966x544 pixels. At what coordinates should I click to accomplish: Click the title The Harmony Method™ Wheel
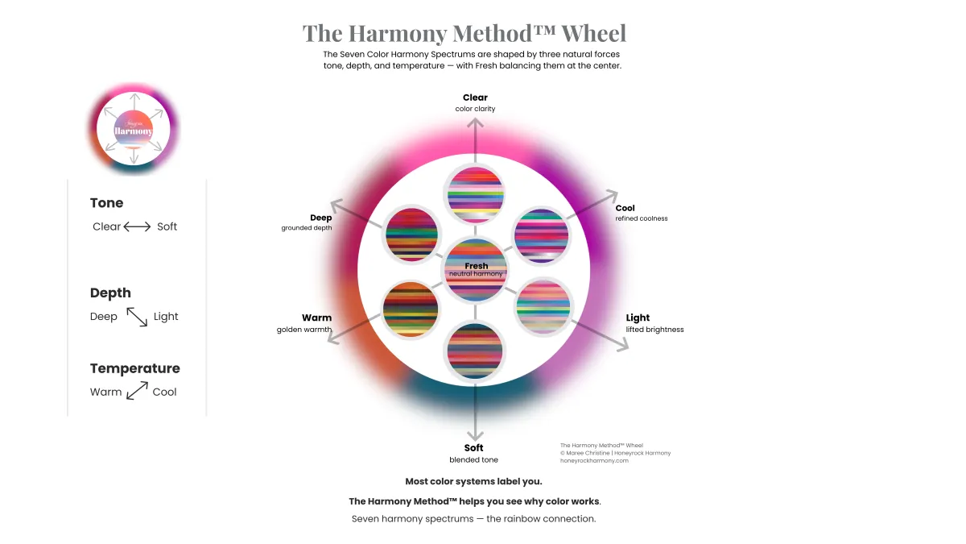coord(464,34)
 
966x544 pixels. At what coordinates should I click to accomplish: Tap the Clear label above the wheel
coord(475,98)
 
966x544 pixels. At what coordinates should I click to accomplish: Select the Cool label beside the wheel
coord(625,208)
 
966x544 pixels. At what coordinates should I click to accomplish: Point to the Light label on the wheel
coord(638,318)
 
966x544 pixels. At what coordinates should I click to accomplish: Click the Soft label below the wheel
coord(473,448)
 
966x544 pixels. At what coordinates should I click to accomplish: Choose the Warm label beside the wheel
coord(316,318)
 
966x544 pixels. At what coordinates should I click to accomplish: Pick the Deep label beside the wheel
coord(320,218)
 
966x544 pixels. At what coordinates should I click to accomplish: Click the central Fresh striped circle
coord(476,268)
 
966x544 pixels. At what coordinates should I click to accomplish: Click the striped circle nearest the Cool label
coord(541,235)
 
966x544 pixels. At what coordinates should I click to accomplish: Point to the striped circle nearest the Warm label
coord(411,308)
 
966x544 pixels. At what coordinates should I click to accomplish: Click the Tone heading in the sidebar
coord(107,203)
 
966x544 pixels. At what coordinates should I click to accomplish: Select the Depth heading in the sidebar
coord(110,293)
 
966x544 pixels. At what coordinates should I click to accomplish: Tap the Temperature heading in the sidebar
coord(135,368)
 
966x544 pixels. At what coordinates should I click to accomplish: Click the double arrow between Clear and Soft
coord(137,226)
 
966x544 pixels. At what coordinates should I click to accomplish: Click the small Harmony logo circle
coord(134,129)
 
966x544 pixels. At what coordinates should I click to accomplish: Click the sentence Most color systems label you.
coord(473,481)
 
